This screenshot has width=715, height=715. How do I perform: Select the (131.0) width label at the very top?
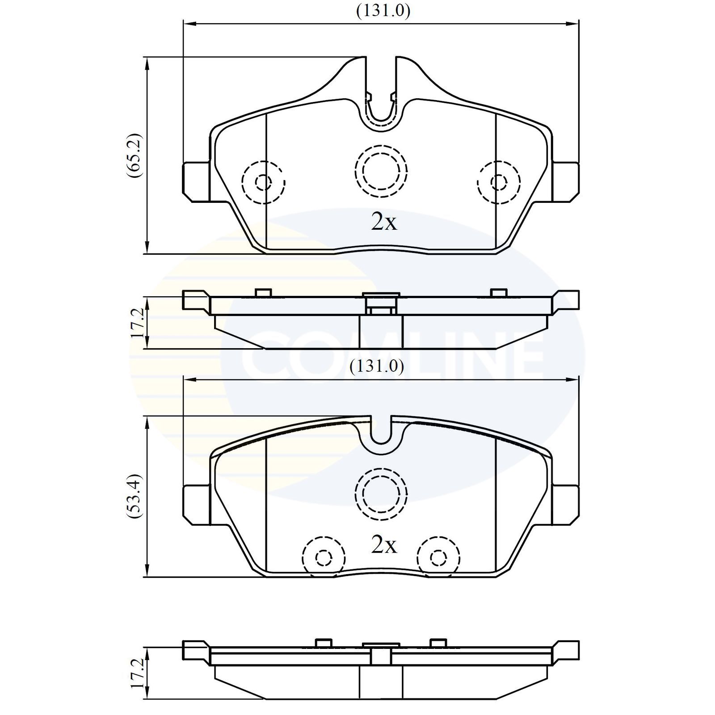coord(383,11)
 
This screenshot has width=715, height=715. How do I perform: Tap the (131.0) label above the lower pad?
coord(377,366)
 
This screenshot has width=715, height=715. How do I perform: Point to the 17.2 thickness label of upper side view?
coord(138,322)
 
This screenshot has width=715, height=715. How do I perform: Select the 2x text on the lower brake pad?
coord(383,544)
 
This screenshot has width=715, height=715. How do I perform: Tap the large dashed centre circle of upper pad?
coord(381,170)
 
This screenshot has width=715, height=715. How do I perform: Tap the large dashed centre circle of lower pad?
coord(381,494)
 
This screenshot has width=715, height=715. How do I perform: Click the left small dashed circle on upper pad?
coord(263,182)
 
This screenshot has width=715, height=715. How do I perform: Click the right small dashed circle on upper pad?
coord(498,182)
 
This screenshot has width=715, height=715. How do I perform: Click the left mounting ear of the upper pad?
coord(196,181)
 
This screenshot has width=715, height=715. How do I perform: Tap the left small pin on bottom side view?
coord(324,643)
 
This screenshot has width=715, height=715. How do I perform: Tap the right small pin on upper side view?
coord(499,293)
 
